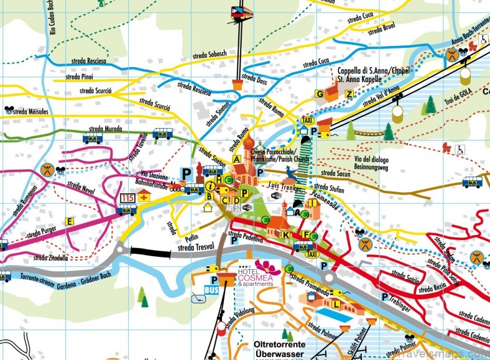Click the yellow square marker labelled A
[237, 159]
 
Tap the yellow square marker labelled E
[70, 221]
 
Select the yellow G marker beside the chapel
[320, 94]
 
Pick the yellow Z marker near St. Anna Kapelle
[349, 94]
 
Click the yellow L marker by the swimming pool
[336, 304]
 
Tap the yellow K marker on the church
[285, 235]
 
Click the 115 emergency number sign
[127, 197]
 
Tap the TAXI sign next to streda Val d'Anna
[307, 120]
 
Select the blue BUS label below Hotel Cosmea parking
[211, 290]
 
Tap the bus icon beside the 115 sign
[126, 210]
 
